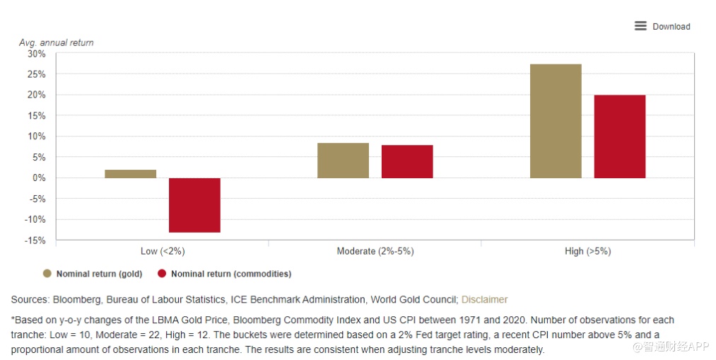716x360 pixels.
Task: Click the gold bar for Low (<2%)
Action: point(130,174)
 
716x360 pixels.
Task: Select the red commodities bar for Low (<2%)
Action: point(194,205)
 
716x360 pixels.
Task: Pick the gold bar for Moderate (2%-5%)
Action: point(343,161)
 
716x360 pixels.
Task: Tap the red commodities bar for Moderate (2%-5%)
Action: point(407,161)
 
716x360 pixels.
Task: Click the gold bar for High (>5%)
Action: point(556,121)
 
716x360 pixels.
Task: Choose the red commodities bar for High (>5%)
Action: point(620,137)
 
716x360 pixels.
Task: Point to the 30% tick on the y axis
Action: point(36,54)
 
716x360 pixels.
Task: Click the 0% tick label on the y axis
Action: point(38,178)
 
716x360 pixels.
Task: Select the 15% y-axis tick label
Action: point(36,116)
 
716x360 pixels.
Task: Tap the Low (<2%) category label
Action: point(163,252)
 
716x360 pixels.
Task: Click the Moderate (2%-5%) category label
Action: point(375,252)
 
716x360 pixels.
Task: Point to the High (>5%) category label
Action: point(587,252)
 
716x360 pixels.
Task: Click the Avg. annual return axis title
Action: point(56,42)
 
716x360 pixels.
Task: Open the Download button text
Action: point(671,27)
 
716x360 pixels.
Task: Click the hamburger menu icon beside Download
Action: point(640,26)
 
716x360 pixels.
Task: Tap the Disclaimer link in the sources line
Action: point(484,300)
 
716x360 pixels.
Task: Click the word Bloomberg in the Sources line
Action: point(74,300)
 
